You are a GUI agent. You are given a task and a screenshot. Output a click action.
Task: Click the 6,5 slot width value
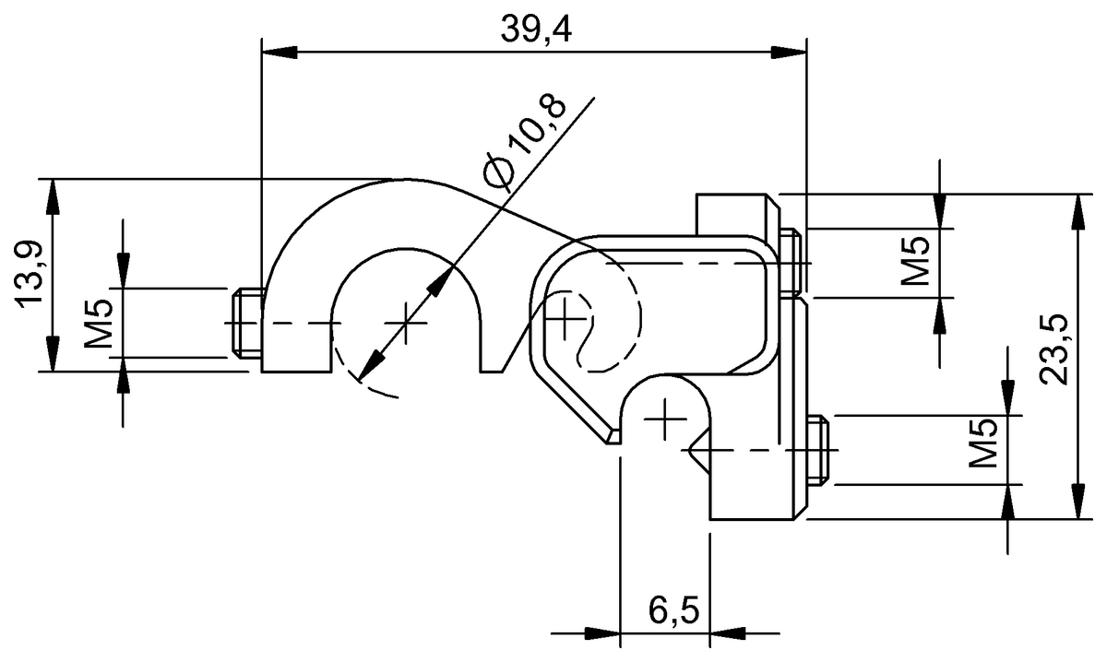coord(673,610)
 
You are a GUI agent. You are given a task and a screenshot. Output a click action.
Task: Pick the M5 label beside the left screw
coord(100,322)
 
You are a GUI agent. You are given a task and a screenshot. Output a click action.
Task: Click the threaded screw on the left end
coord(245,324)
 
